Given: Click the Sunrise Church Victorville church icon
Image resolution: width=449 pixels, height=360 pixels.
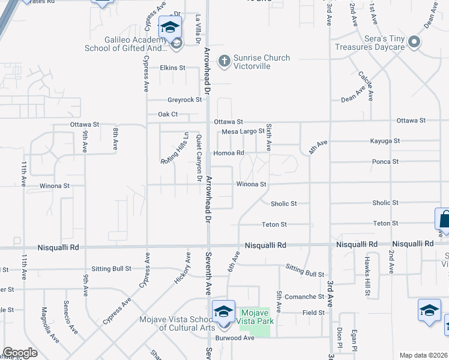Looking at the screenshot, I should (224, 60).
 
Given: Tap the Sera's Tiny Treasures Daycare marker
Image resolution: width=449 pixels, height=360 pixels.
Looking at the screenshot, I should (414, 43).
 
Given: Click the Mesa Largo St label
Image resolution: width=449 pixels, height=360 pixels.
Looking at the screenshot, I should (243, 131).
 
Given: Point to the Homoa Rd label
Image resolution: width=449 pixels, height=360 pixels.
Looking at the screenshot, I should (233, 153).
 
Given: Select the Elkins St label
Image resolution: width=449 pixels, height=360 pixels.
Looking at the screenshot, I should (173, 68).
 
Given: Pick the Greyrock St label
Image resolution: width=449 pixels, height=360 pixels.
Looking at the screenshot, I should (185, 100).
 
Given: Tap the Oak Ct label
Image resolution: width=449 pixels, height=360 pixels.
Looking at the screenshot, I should (167, 114).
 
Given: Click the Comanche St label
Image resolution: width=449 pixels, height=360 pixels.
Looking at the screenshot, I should (304, 296).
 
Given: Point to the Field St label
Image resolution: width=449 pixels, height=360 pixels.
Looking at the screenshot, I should (313, 313).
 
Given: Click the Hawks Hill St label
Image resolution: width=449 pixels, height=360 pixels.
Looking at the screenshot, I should (366, 275).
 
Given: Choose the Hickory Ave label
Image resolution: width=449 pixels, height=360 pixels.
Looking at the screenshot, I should (187, 268).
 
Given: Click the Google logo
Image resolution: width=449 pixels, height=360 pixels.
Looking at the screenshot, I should (20, 353).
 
